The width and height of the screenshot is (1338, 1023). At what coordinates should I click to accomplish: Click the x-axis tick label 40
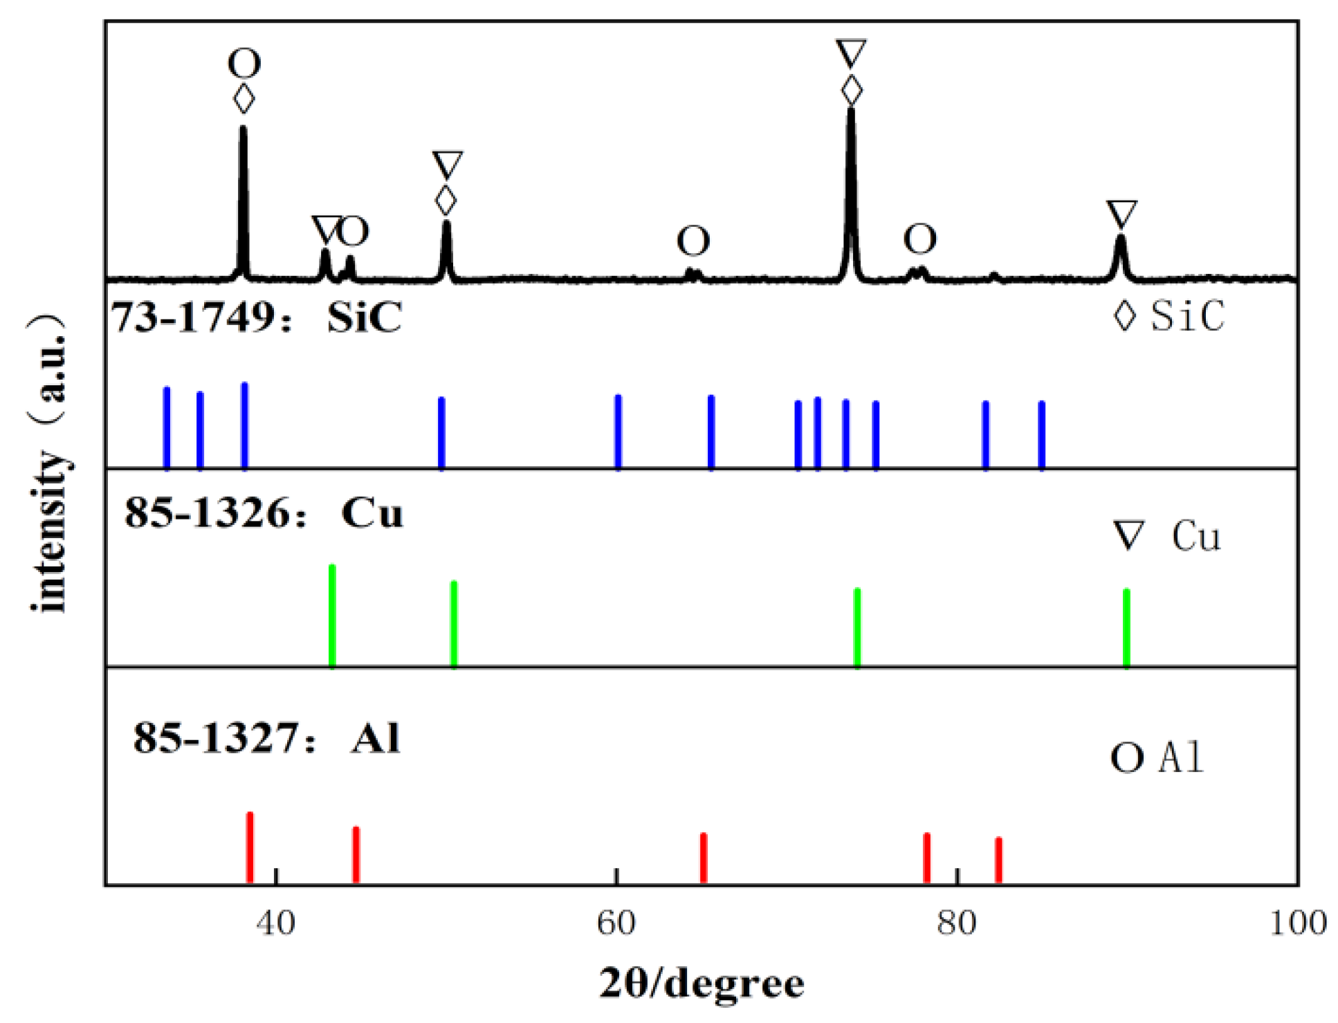pyautogui.click(x=275, y=923)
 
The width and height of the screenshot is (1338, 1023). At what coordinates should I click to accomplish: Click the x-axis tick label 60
pyautogui.click(x=616, y=923)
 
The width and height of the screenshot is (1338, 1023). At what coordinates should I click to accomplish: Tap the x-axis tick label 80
pyautogui.click(x=957, y=923)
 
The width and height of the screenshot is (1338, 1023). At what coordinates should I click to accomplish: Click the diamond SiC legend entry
pyautogui.click(x=1169, y=316)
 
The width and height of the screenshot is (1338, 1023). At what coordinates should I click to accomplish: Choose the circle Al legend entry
pyautogui.click(x=1157, y=757)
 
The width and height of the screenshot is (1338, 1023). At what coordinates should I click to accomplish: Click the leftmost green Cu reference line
pyautogui.click(x=332, y=616)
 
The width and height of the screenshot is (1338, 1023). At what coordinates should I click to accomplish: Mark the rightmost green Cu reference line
pyautogui.click(x=1126, y=628)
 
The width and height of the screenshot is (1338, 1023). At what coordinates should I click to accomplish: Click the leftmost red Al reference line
pyautogui.click(x=250, y=848)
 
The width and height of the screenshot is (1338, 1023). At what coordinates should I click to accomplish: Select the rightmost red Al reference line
pyautogui.click(x=998, y=860)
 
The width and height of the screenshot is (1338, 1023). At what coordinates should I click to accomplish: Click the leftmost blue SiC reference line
pyautogui.click(x=167, y=427)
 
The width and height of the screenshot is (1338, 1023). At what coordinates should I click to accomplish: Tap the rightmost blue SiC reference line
pyautogui.click(x=1042, y=434)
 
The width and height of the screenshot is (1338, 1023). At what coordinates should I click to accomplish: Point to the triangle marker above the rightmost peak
pyautogui.click(x=1121, y=214)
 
